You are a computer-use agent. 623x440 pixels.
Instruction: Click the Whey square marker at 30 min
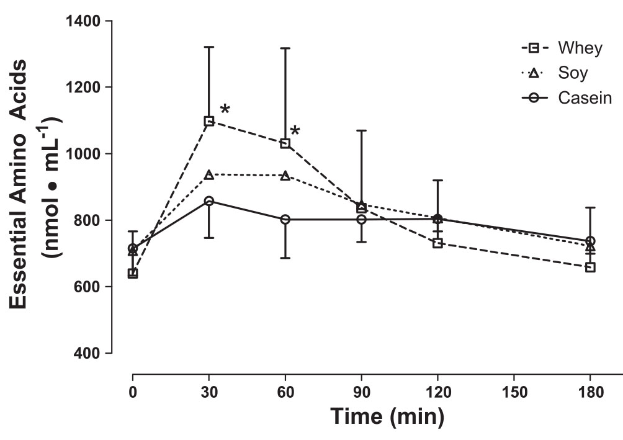point(209,121)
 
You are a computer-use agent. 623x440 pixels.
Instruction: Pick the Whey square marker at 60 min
point(285,143)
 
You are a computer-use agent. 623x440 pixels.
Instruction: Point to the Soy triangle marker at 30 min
point(209,175)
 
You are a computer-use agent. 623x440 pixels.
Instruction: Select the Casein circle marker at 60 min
point(285,219)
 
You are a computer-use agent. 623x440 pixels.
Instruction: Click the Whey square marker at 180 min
point(590,267)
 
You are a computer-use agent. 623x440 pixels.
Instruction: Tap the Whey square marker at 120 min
point(437,243)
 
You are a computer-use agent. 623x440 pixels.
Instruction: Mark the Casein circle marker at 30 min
point(209,201)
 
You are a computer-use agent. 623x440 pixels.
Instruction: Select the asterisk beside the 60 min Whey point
point(295,131)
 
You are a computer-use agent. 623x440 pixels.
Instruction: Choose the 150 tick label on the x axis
point(514,392)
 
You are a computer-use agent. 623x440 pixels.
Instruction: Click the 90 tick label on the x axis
point(361,392)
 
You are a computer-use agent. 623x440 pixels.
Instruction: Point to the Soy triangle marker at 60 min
point(285,176)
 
